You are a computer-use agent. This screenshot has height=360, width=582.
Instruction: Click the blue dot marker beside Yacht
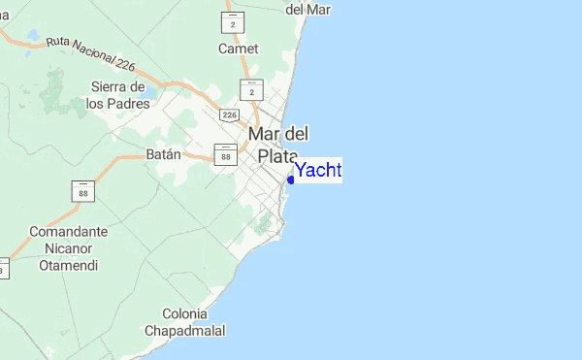(291, 180)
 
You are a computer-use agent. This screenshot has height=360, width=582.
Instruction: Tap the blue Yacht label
(318, 171)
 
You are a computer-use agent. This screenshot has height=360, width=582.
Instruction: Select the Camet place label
(239, 49)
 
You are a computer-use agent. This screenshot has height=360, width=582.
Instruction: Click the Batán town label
(164, 153)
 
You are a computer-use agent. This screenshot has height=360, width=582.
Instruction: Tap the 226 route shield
(229, 115)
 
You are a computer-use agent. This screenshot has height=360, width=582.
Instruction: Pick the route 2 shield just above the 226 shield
(251, 89)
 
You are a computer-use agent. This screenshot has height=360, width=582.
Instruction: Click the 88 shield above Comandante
(83, 191)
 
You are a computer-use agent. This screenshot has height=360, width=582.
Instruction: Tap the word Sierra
(111, 86)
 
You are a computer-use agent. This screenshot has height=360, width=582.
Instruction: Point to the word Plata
(278, 155)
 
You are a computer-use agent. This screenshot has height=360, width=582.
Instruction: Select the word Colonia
(184, 314)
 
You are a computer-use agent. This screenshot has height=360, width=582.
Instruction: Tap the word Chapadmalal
(184, 331)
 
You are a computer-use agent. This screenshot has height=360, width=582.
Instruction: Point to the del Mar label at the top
(308, 10)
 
